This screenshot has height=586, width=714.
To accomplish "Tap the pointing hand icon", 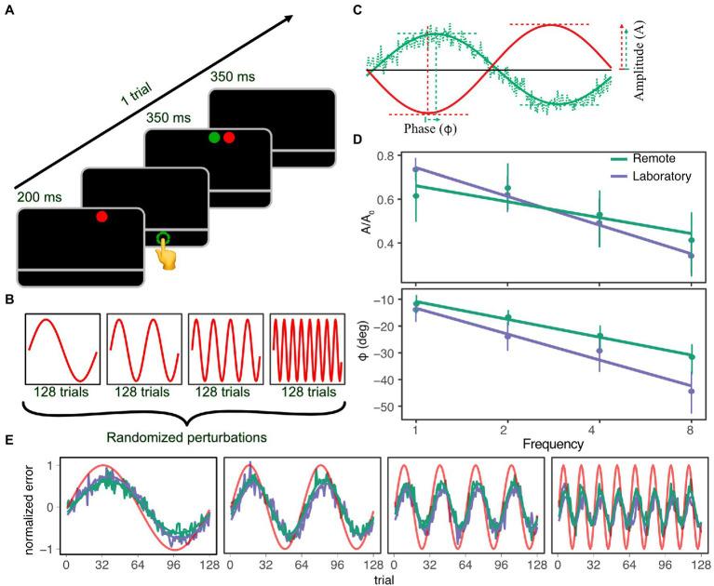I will click(x=168, y=251).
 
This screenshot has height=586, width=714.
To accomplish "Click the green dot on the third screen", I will click(x=213, y=139).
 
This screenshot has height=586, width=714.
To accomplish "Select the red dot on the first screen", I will click(x=103, y=218).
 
